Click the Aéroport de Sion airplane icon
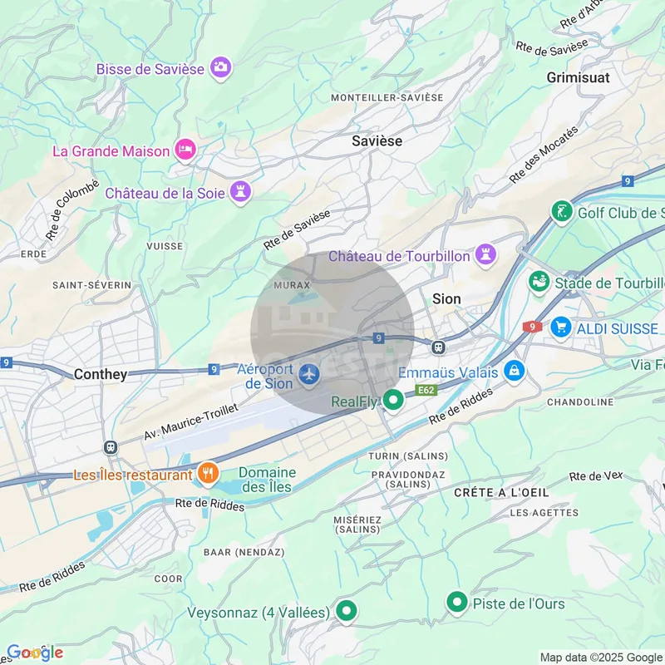309,376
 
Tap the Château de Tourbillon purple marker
485,253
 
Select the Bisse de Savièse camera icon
220,66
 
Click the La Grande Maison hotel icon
185,150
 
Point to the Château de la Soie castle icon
241,191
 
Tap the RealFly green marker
393,400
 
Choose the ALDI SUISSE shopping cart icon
560,328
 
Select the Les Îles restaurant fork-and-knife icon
207,474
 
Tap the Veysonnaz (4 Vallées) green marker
346,611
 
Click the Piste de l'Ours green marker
456,602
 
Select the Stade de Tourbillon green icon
539,283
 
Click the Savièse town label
377,141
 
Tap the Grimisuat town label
578,77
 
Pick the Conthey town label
101,375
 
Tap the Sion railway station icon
439,347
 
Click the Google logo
35,653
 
